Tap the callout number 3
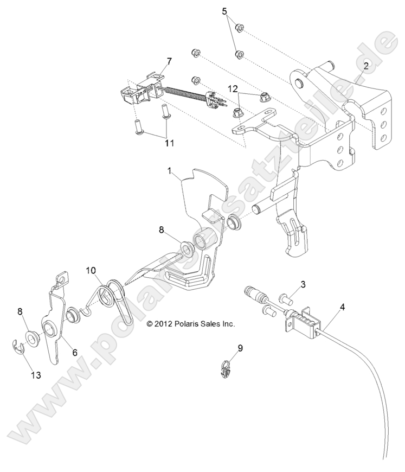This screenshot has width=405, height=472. [x=303, y=284]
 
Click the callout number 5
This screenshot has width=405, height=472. [x=224, y=11]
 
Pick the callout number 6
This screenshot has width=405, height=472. [x=75, y=352]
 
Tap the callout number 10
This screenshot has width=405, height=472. [x=90, y=270]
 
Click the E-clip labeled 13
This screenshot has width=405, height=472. [x=18, y=347]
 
